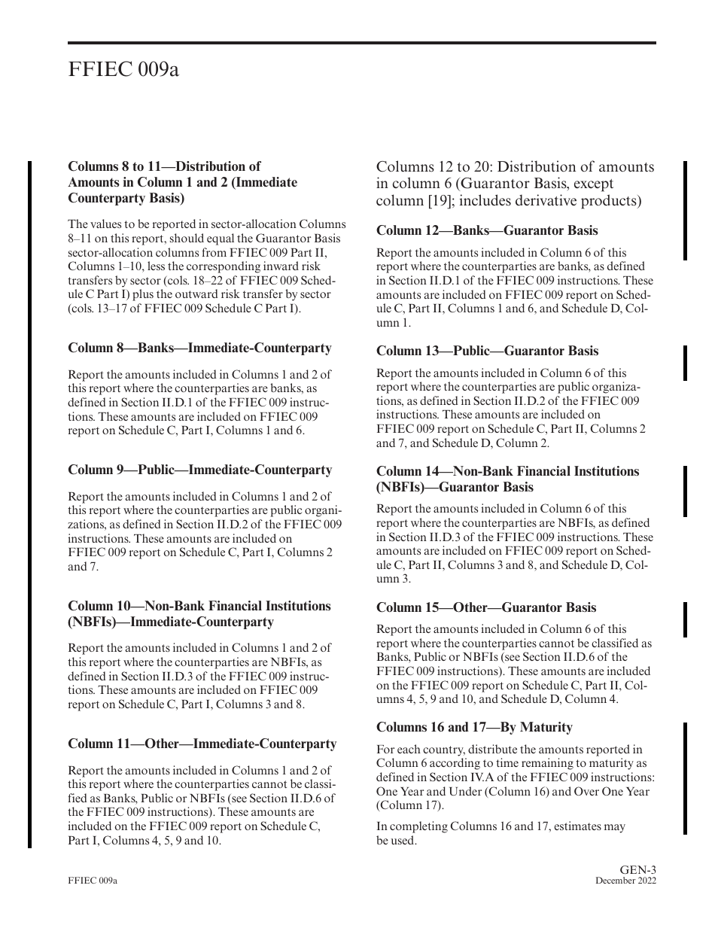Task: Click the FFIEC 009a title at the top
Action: [123, 70]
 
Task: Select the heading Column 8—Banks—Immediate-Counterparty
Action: [199, 348]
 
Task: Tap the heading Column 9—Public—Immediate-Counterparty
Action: [199, 470]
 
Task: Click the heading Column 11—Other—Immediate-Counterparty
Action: [202, 744]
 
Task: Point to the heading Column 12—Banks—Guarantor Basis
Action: [487, 231]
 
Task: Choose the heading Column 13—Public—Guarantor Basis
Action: [487, 351]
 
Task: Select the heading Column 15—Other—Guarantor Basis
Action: [485, 608]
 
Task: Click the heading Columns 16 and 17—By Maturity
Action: [474, 728]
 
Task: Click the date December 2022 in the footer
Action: [625, 881]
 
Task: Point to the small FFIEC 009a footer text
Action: [93, 881]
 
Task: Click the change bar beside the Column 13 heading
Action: [685, 363]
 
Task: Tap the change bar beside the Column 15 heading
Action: [685, 619]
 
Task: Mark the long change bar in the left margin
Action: [30, 504]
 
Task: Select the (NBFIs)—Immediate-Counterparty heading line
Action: [171, 622]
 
